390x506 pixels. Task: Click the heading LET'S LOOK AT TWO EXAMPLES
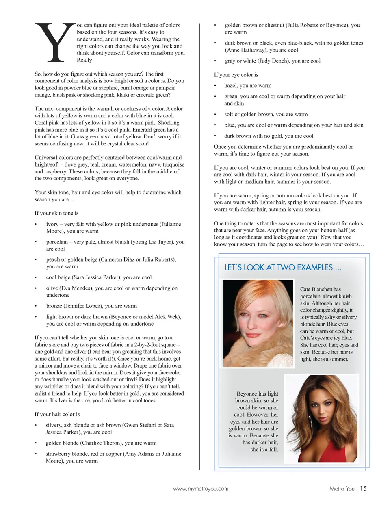(283, 268)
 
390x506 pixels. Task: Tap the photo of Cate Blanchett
(258, 323)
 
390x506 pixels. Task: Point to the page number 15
(363, 489)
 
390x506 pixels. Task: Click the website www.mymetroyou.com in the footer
(201, 489)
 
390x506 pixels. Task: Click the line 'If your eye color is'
(236, 75)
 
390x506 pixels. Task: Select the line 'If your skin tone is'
(56, 213)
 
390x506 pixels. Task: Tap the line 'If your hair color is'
(57, 414)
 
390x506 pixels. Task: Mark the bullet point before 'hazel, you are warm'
(215, 86)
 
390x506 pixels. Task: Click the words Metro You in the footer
(342, 489)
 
